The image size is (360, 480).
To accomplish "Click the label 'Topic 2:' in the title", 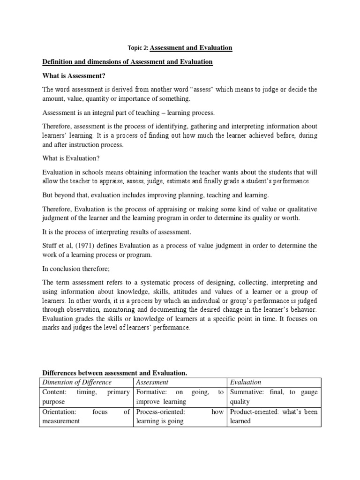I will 138,48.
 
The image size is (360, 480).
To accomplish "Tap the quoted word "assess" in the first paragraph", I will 228,90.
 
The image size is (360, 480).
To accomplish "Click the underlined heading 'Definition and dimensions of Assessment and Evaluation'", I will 127,62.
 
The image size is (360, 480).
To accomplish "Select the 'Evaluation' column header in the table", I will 245,382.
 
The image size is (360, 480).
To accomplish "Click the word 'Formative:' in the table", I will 150,392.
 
